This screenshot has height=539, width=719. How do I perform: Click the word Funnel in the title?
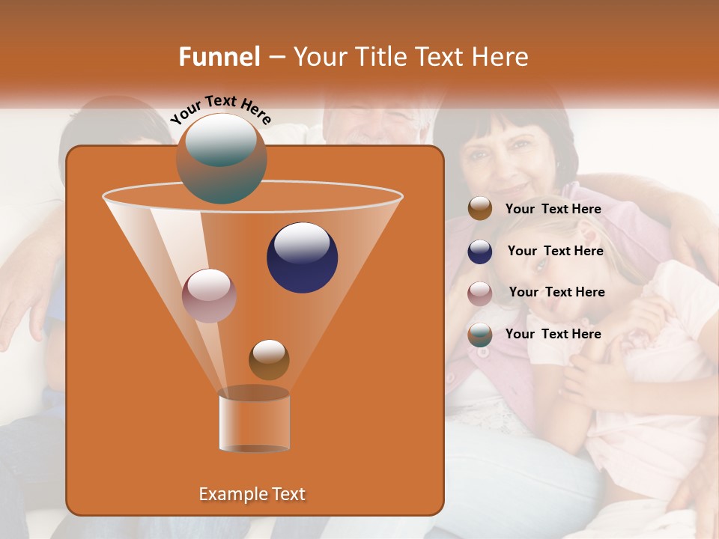(x=219, y=57)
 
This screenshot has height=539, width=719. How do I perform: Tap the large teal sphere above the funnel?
(x=221, y=158)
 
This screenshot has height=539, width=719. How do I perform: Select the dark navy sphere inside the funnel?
(x=302, y=257)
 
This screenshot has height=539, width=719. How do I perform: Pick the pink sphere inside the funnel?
(x=209, y=295)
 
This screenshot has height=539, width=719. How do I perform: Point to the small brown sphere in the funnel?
(x=269, y=359)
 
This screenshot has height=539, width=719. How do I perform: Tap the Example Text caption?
(x=252, y=494)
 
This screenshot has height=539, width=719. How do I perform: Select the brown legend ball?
(x=480, y=209)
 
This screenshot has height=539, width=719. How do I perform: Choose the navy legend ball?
(x=480, y=252)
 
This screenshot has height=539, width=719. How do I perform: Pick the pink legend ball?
(x=480, y=293)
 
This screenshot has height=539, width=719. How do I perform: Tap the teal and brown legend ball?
(x=480, y=335)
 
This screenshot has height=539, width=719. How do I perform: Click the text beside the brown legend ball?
(x=553, y=209)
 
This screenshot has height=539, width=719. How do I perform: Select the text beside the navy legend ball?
(x=555, y=251)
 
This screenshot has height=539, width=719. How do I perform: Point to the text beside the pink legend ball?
(x=556, y=292)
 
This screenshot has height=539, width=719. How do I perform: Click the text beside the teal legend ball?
(x=553, y=334)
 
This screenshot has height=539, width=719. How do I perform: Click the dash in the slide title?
(x=276, y=57)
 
